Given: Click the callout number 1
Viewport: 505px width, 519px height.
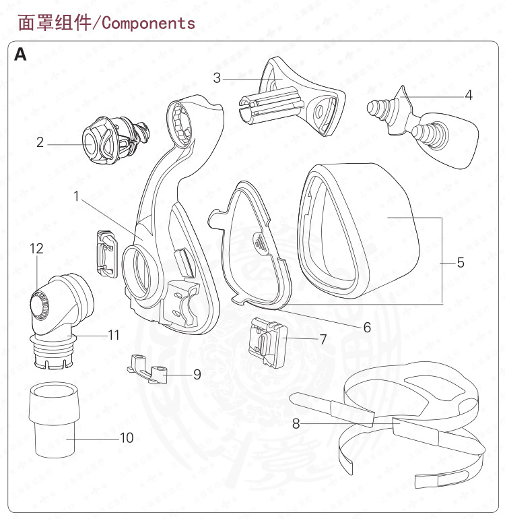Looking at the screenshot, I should (77, 196).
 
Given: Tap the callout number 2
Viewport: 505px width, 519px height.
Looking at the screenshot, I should (40, 142).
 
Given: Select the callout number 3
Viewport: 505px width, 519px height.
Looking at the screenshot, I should (217, 78).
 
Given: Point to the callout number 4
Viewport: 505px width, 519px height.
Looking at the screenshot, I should (469, 95).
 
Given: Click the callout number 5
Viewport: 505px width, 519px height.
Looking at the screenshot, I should (461, 262).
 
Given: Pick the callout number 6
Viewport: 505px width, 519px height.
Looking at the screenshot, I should (367, 328).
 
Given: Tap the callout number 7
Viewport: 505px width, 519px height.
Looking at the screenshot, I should (323, 339).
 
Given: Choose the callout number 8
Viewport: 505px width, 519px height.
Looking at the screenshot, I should (296, 424).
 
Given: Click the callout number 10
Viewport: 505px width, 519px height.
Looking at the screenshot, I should (127, 437).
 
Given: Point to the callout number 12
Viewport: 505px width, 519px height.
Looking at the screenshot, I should (36, 249).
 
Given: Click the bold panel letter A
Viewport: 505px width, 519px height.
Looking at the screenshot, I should (21, 55).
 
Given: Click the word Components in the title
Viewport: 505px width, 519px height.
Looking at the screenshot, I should (148, 23).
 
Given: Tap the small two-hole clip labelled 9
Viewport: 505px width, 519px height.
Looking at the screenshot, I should (148, 368).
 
